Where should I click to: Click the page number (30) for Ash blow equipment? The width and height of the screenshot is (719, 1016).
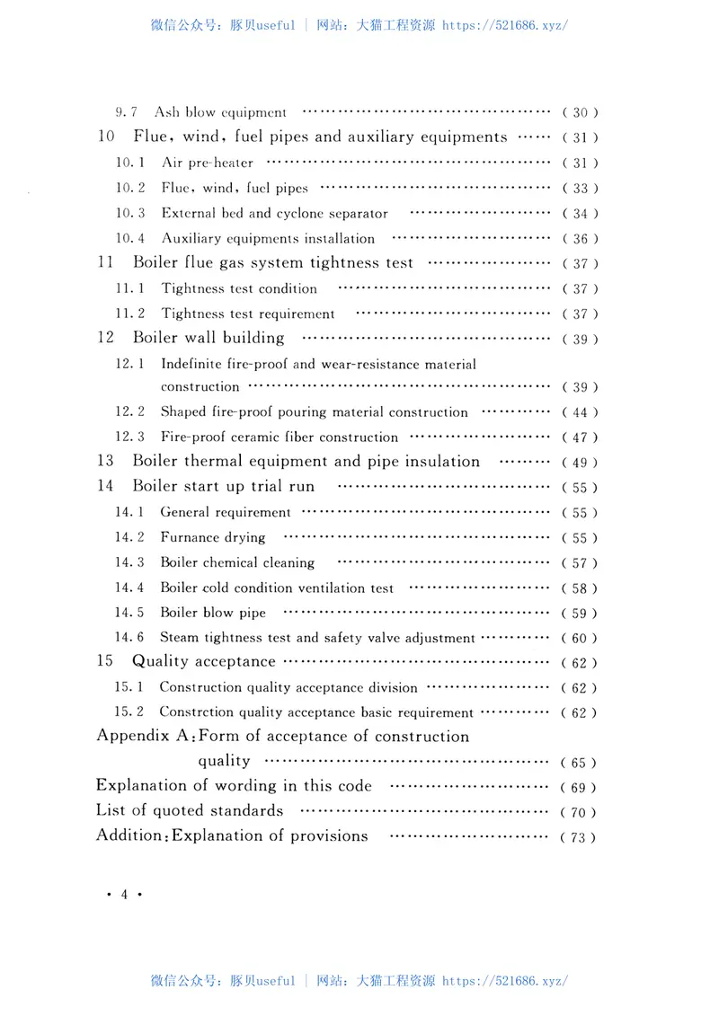coord(580,113)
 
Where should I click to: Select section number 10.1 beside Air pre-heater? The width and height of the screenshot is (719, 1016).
coord(130,163)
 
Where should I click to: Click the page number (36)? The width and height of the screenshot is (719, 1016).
coord(580,239)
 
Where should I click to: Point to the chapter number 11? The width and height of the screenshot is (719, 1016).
coord(105,263)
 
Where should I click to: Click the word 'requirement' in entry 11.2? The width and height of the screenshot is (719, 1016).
coord(296,314)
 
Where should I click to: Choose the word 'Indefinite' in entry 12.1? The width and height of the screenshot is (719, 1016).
coord(191,365)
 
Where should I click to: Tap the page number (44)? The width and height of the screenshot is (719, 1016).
coord(580,412)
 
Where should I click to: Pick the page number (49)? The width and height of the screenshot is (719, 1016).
coord(580,463)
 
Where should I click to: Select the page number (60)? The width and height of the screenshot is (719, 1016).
coord(580,639)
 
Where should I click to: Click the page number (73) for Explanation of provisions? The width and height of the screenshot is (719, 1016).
coord(578,837)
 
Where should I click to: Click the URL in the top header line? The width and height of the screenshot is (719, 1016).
coord(505,25)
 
